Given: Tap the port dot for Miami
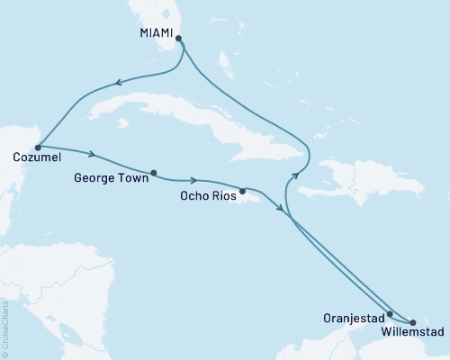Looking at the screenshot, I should tap(179, 39).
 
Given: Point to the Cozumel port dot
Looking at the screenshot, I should tap(37, 146).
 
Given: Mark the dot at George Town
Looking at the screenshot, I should tap(154, 173).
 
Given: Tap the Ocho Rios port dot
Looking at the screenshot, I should tap(242, 191).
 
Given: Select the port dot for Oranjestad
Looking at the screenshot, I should tap(390, 315).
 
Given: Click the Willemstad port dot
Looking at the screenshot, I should tap(413, 321).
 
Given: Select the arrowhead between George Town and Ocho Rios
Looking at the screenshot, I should tap(194, 180).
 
